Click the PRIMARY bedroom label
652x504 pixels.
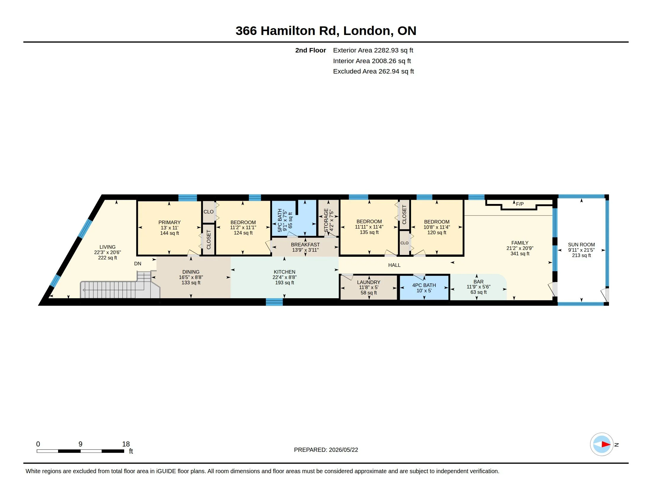click(169, 222)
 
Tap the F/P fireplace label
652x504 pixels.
click(520, 204)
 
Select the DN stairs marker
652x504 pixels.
click(138, 264)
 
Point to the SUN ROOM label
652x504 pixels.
click(581, 245)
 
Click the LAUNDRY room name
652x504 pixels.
click(369, 282)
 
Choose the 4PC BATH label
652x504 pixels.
click(424, 285)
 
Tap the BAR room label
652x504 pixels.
click(479, 282)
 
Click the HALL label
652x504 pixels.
click(394, 265)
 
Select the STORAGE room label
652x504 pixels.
click(326, 220)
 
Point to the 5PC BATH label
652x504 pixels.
click(280, 220)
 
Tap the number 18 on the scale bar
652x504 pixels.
click(126, 444)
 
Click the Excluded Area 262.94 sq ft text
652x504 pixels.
click(373, 71)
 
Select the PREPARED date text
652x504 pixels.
click(326, 450)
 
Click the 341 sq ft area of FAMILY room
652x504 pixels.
click(520, 253)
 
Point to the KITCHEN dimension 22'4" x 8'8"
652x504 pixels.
click(285, 277)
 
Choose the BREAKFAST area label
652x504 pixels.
click(305, 245)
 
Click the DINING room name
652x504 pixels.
click(191, 272)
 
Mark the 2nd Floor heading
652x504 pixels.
click(311, 50)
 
